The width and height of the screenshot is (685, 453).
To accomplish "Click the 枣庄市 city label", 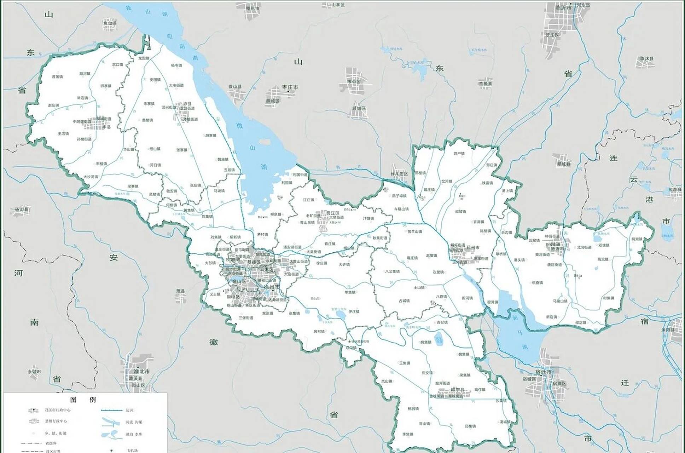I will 290,87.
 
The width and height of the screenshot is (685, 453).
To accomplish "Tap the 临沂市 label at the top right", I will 563,7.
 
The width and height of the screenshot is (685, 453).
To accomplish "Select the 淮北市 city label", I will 142,372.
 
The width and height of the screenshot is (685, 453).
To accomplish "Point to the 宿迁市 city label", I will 543,372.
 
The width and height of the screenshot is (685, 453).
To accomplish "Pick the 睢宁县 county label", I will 457,390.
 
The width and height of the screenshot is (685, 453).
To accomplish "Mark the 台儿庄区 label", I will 399,174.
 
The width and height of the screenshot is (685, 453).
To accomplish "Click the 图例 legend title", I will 83,400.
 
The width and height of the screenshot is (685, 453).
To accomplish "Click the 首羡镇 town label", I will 57,76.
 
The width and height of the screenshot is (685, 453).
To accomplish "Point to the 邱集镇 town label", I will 470,426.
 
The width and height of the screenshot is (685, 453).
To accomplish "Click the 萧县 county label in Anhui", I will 180,291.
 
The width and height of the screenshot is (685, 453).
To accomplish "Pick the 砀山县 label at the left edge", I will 21,210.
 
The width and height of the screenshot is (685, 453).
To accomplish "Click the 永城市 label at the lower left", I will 34,372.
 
